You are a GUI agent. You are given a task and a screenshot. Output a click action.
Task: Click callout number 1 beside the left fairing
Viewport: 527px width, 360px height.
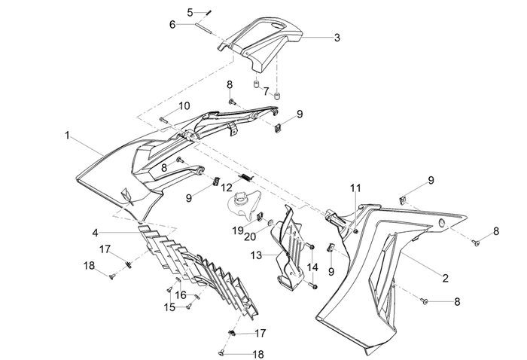pos(69,136)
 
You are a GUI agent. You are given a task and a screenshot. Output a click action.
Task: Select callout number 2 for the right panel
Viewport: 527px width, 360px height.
pos(446,278)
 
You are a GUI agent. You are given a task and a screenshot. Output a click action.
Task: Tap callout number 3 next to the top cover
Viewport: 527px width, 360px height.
pos(337,37)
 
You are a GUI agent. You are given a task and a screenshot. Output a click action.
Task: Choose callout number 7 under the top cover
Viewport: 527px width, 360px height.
pos(265,91)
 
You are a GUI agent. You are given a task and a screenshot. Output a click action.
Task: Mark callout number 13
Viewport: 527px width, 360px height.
pos(255,255)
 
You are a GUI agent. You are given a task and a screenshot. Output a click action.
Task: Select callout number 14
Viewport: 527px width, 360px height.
pos(313,267)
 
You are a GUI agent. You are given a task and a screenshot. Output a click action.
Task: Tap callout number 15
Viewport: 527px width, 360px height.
pos(170,307)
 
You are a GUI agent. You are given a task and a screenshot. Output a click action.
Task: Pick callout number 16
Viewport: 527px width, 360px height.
pos(181,294)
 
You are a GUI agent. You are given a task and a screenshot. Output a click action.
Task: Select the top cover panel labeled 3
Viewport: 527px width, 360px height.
pos(267,41)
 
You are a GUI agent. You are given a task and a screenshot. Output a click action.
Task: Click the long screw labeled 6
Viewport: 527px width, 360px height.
pos(207,29)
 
